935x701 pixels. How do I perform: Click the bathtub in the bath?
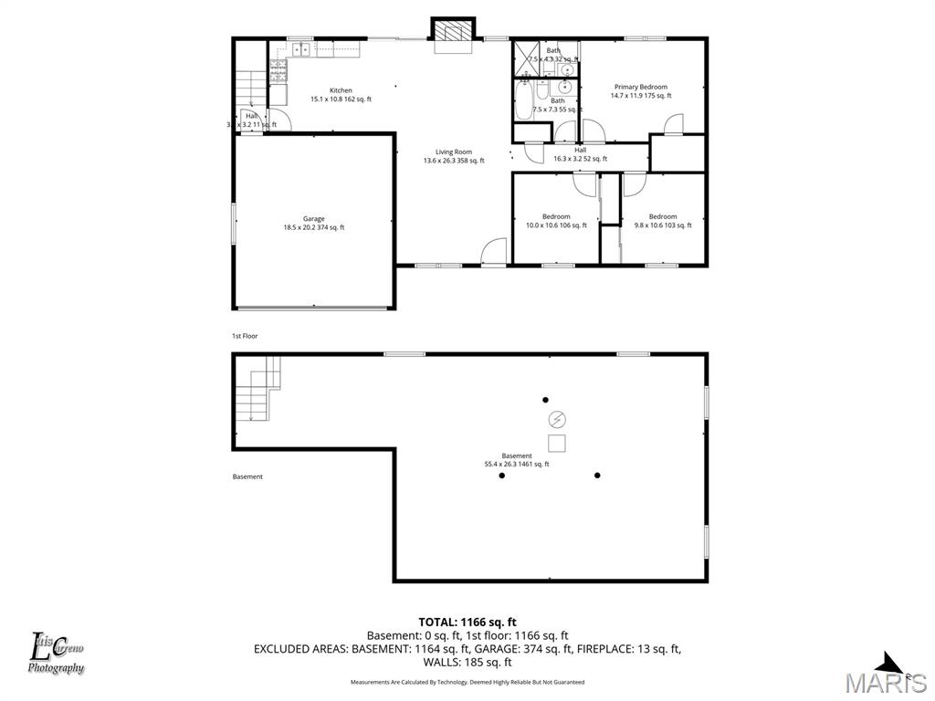pos(524,101)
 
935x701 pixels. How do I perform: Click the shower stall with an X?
pos(527,56)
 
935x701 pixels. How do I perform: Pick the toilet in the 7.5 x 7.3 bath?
pos(542,91)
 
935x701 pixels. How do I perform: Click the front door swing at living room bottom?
pos(494,252)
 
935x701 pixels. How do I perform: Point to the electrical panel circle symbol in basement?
pos(556,419)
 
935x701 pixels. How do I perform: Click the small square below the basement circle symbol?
pos(556,444)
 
